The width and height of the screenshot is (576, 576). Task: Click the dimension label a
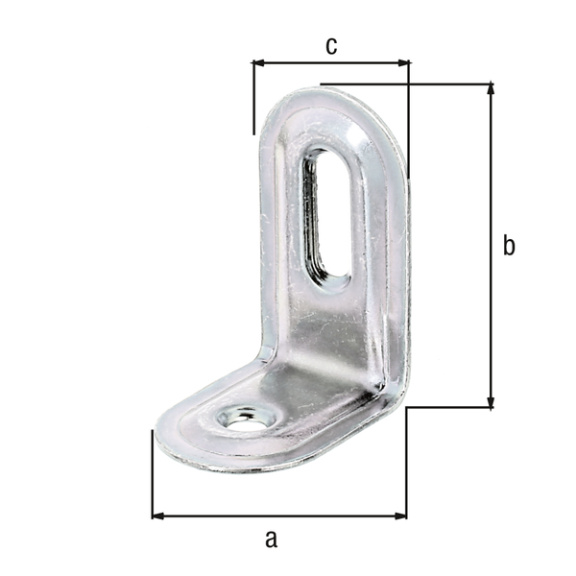point(271,539)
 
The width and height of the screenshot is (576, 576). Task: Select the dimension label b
point(509,246)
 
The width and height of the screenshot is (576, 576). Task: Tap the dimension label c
point(330,45)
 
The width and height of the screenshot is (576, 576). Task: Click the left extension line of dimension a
point(153,475)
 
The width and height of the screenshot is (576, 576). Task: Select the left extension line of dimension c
point(253,96)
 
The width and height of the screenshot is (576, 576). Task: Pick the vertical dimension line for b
point(492,288)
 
